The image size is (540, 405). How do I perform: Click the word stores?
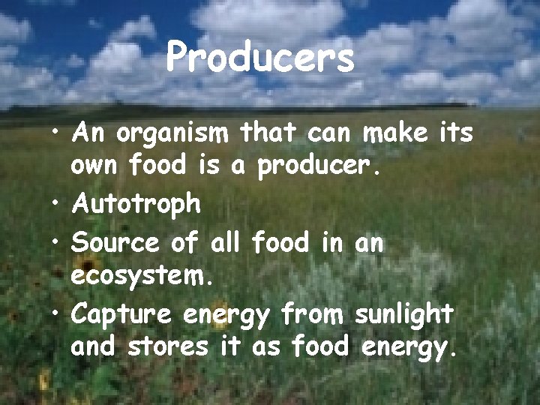166,347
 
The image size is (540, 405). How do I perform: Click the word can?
329,136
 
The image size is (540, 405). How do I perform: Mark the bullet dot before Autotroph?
58,203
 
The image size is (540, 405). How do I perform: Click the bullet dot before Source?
58,244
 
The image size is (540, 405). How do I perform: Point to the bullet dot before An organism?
58,136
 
